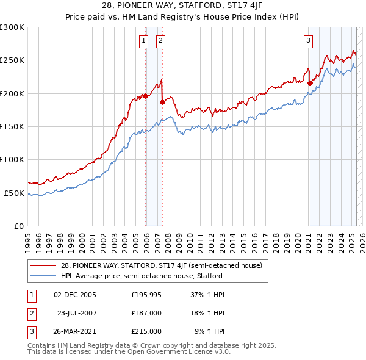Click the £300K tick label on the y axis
point(12,27)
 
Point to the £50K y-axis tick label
point(15,193)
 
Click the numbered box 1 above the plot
point(143,41)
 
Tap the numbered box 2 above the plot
point(160,41)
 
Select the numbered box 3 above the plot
point(309,41)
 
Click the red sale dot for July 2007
point(162,103)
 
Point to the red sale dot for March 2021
point(310,84)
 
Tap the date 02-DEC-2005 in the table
point(75,295)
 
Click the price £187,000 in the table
point(146,313)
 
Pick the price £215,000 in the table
point(146,331)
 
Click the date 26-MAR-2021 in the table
point(75,331)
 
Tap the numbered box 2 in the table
point(30,313)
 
